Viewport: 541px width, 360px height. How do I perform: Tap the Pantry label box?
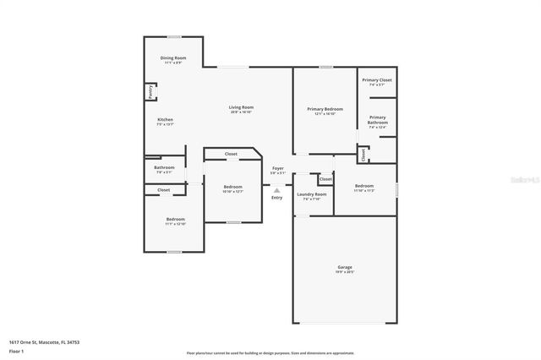[150, 92]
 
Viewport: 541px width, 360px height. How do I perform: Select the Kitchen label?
[165, 120]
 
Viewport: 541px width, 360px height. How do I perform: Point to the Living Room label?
[241, 107]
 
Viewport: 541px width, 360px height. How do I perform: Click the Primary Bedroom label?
[325, 109]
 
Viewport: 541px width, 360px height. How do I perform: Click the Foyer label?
[278, 169]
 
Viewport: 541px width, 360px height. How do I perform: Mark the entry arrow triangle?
[276, 190]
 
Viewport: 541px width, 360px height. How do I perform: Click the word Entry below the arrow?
[276, 198]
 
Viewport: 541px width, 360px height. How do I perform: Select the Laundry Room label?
[311, 194]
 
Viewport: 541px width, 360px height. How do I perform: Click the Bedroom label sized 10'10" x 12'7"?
[232, 187]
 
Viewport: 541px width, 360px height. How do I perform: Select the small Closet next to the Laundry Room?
[325, 179]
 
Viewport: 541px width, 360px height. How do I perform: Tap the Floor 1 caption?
[17, 350]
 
